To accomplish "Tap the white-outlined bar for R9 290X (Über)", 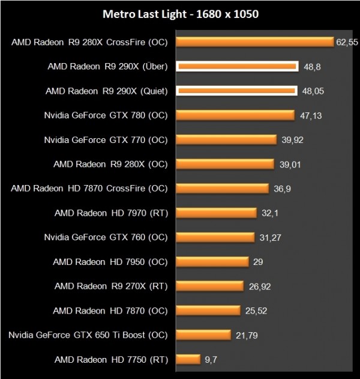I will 237,67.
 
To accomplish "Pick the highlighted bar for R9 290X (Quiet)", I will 236,91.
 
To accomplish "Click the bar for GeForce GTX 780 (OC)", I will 235,115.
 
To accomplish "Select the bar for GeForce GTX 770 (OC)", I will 226,140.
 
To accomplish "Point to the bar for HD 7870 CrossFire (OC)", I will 222,189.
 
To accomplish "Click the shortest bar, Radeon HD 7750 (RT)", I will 187,359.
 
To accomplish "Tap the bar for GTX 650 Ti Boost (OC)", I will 203,335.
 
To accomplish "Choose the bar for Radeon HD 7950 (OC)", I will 212,262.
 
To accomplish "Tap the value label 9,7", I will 211,360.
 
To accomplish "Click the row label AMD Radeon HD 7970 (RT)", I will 111,213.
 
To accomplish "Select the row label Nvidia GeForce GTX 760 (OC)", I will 106,237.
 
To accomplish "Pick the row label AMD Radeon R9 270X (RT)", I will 110,286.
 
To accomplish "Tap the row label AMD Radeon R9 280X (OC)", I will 110,164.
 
